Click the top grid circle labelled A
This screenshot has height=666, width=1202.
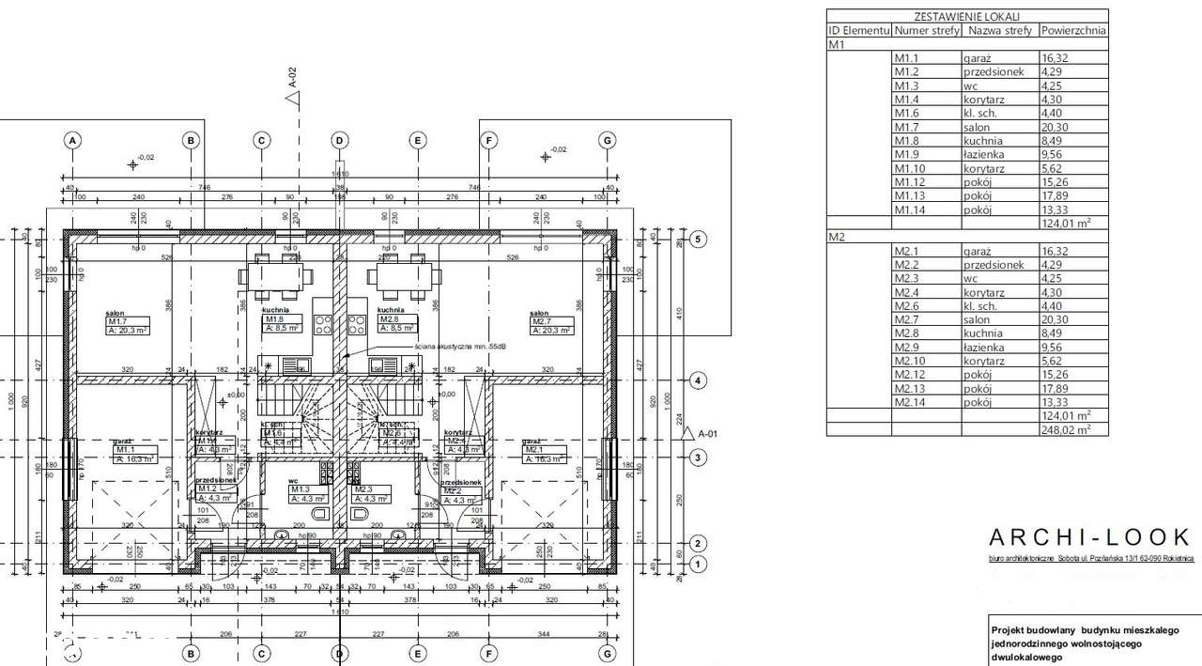point(71,140)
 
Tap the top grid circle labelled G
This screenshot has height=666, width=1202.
point(608,140)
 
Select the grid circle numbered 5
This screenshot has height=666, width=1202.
point(697,240)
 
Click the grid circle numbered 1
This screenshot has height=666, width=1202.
point(697,565)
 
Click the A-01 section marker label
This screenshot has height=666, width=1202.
point(707,433)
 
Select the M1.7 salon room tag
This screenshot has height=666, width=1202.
point(124,325)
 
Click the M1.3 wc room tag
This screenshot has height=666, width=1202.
point(306,494)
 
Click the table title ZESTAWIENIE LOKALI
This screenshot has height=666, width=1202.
point(966,16)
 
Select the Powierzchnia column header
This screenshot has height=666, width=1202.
point(1072,30)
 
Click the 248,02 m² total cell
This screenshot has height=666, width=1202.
point(1071,429)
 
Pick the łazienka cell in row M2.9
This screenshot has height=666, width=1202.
point(983,347)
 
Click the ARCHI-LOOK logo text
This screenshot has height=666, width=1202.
point(1089,537)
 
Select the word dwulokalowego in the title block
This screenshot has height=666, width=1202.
point(1026,658)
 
